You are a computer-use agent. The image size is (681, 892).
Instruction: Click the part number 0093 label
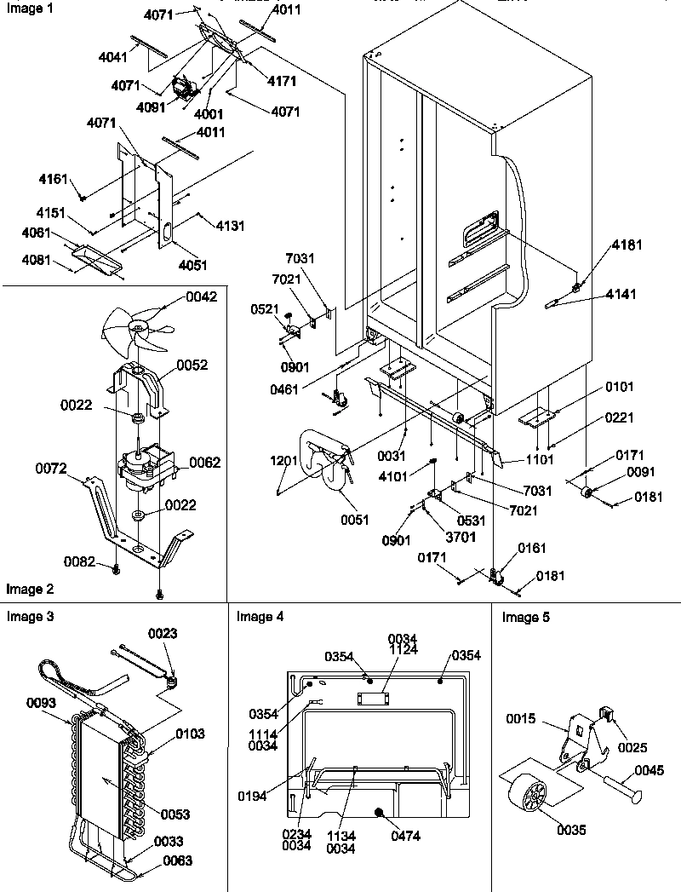click(42, 703)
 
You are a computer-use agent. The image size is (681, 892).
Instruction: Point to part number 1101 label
click(540, 460)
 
